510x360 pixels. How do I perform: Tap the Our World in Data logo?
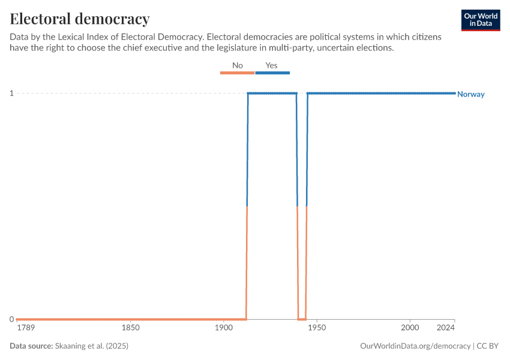click(x=480, y=20)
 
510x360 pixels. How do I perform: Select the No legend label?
click(x=237, y=65)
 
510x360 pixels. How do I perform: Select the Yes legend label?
click(x=271, y=65)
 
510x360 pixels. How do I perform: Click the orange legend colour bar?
click(x=237, y=73)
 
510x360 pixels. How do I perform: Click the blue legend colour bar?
click(x=272, y=73)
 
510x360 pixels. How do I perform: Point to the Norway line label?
click(x=471, y=94)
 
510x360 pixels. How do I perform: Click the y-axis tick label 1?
click(x=11, y=93)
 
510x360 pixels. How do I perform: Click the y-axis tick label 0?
click(x=11, y=319)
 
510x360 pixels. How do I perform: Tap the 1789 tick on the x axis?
click(x=26, y=328)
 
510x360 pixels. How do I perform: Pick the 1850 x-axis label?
click(x=130, y=328)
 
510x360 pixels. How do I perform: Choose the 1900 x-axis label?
click(x=223, y=328)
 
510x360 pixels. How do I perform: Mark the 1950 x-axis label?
click(x=316, y=328)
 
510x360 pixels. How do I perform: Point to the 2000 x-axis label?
click(x=410, y=328)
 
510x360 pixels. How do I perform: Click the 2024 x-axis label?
click(x=445, y=328)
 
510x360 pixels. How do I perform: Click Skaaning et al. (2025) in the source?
click(x=92, y=346)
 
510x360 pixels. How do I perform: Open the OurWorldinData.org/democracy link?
click(x=415, y=346)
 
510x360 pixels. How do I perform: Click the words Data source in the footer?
click(x=31, y=346)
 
